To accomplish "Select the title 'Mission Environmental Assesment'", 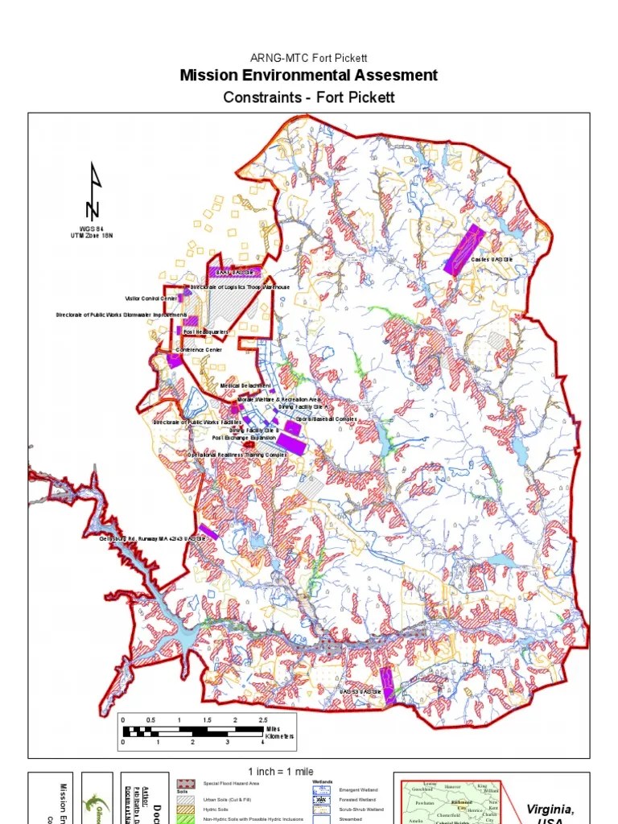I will point(309,76).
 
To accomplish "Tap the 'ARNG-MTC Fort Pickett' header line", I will point(309,59).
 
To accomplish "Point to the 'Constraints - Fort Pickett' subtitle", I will point(309,97).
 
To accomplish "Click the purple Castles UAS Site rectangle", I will point(465,249).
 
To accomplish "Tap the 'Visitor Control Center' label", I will point(150,299).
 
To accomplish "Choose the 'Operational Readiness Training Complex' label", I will point(237,455).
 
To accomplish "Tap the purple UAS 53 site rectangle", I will point(387,685).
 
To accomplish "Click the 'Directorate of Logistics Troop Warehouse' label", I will point(240,287).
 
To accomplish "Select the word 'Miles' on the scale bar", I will point(274,729).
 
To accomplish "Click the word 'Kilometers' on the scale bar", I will point(279,736).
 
